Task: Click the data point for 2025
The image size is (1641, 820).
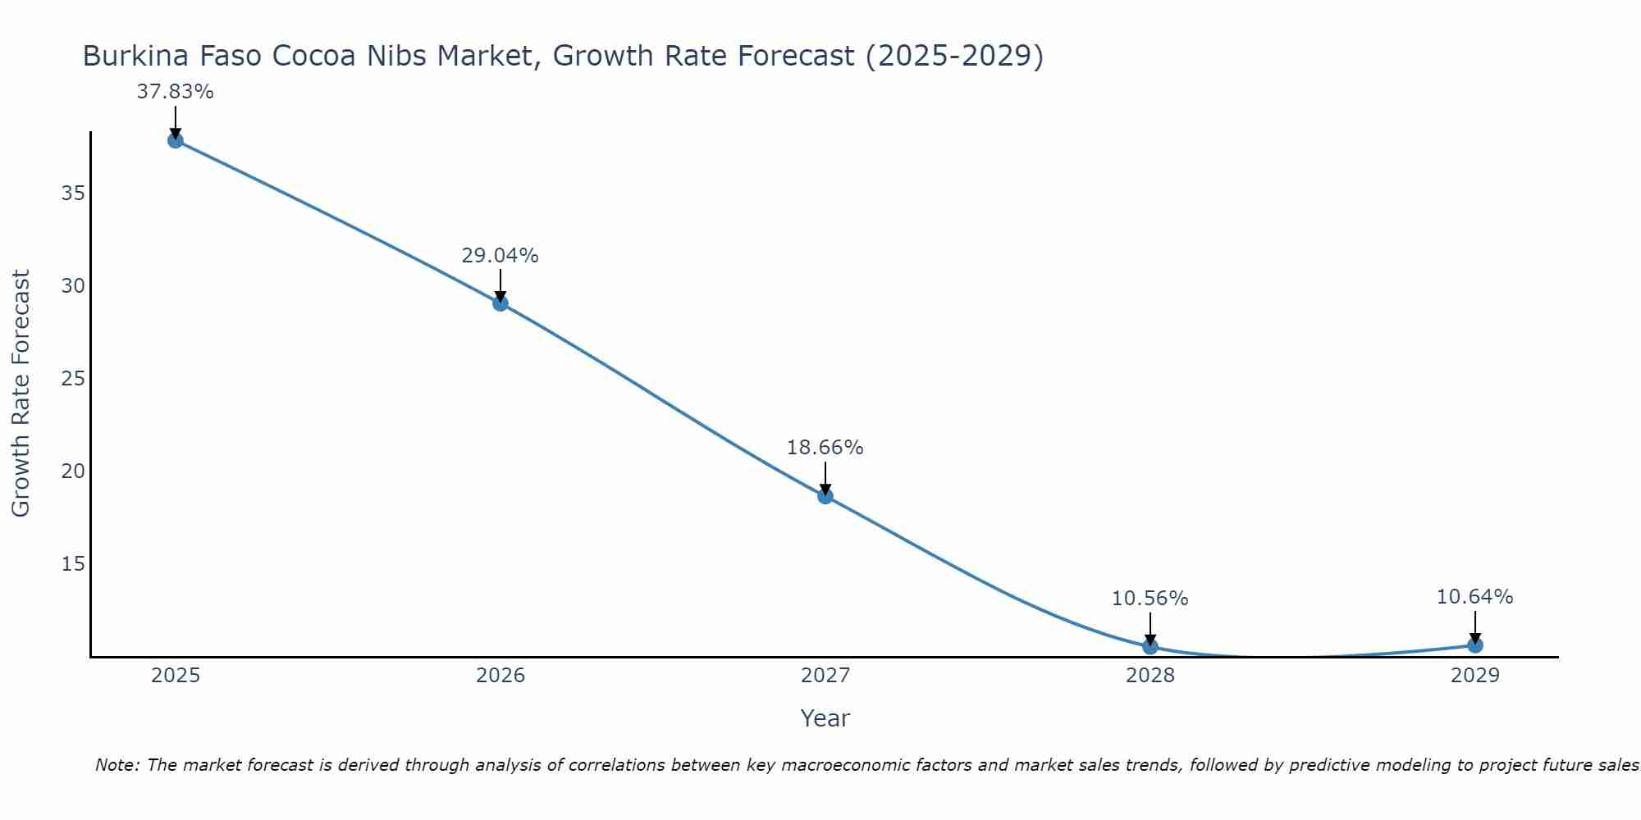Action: tap(175, 140)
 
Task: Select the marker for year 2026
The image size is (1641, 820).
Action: tap(501, 303)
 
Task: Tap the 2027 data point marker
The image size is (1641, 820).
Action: tap(825, 496)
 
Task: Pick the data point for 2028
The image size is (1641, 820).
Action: tap(1150, 646)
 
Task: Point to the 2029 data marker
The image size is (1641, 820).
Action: tap(1475, 645)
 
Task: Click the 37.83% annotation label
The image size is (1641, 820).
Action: tap(175, 92)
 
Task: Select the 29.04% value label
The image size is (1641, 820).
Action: tap(501, 256)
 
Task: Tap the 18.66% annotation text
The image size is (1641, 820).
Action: tap(825, 448)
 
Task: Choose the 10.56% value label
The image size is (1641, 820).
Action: tap(1150, 599)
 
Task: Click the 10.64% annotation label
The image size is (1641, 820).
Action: tap(1475, 597)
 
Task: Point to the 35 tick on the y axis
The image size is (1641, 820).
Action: tap(73, 194)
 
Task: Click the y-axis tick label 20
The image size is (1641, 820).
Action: tap(73, 471)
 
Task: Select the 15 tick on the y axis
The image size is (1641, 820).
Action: tap(73, 564)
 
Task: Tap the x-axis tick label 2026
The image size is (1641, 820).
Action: tap(501, 676)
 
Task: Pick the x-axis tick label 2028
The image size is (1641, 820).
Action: tap(1150, 676)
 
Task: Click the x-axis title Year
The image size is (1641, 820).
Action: tap(825, 718)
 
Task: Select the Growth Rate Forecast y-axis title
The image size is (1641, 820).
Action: tap(21, 394)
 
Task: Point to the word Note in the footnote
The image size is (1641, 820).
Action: tap(117, 765)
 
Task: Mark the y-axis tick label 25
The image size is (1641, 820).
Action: tap(73, 379)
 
